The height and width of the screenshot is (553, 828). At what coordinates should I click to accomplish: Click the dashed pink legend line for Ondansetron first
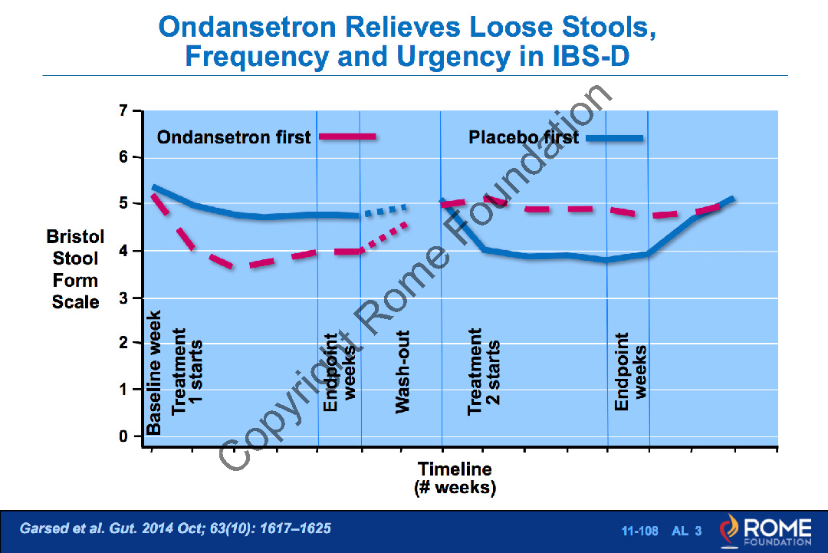click(347, 137)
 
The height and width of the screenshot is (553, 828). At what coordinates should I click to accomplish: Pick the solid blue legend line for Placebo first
click(613, 138)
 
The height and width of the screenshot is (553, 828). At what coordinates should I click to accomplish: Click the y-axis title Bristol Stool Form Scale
click(75, 269)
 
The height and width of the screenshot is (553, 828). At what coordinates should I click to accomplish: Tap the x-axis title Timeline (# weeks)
click(455, 478)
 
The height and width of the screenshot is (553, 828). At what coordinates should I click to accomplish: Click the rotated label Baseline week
click(154, 373)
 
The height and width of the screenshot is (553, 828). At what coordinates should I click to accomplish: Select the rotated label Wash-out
click(403, 372)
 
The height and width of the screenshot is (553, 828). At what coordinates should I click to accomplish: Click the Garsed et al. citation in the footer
click(176, 528)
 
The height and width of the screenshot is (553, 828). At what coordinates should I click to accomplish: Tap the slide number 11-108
click(638, 531)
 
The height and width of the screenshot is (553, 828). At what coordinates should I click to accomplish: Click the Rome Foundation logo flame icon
click(728, 530)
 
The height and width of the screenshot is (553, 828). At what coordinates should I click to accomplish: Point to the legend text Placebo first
click(524, 138)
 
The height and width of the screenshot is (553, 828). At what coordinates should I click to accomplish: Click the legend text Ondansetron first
click(234, 137)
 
